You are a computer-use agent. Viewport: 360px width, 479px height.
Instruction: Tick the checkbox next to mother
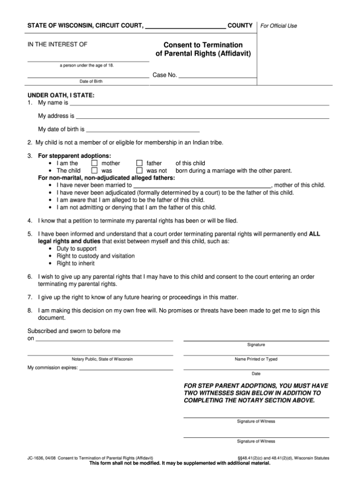tap(94, 163)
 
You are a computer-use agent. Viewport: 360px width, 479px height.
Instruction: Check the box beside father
tap(139, 163)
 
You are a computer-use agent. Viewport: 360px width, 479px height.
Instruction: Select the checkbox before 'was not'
tap(139, 171)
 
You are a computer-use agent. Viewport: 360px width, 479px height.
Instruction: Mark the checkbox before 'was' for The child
tap(94, 171)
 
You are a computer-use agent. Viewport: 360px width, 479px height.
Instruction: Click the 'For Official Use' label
tap(278, 26)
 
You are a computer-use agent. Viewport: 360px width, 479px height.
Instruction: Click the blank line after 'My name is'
tap(199, 103)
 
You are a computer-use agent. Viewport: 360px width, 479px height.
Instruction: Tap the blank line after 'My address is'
tap(202, 116)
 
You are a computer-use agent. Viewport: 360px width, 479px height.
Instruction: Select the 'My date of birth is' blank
tap(143, 129)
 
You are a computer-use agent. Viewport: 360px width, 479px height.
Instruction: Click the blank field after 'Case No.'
tap(217, 75)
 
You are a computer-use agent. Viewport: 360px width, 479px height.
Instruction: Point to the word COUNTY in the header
tap(240, 25)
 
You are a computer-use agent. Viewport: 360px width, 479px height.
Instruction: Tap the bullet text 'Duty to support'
tap(76, 249)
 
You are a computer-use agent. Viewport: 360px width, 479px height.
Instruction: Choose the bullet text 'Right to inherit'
tap(75, 264)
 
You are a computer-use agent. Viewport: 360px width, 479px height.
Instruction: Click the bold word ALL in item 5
tap(315, 234)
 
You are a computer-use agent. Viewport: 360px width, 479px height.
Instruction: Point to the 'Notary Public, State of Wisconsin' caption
tap(102, 359)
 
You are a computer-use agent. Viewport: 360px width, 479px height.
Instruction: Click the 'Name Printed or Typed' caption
tap(256, 359)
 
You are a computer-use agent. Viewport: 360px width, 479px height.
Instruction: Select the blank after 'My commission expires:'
tap(126, 368)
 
